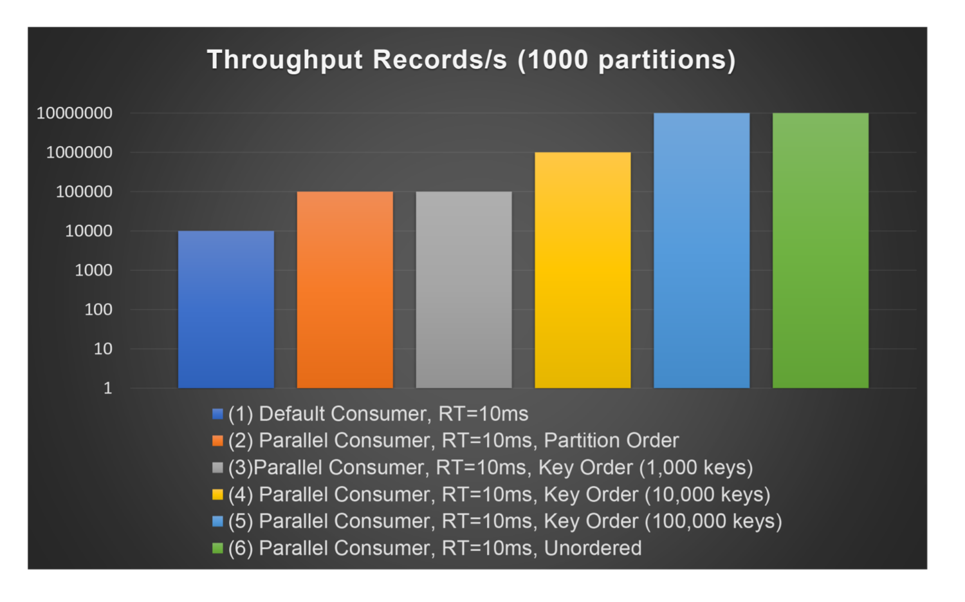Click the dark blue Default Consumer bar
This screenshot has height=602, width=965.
tap(226, 309)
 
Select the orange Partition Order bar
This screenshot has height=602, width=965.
tap(345, 290)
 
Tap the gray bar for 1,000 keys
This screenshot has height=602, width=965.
tap(464, 290)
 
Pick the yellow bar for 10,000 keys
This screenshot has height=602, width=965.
tap(583, 270)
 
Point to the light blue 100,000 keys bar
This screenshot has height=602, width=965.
tap(702, 251)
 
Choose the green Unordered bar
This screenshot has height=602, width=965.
tap(820, 251)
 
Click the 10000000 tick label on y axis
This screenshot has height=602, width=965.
tap(75, 113)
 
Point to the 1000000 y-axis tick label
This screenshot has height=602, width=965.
tap(79, 153)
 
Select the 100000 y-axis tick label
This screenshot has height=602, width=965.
tap(84, 192)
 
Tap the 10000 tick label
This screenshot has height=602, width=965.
tap(89, 231)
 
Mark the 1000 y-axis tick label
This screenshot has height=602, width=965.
tap(94, 270)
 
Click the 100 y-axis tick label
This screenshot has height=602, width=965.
tap(98, 310)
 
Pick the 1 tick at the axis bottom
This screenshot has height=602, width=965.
tap(108, 388)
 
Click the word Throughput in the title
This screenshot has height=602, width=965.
tap(285, 60)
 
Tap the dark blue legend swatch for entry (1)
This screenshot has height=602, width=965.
tap(217, 414)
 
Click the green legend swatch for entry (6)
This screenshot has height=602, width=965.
tap(217, 549)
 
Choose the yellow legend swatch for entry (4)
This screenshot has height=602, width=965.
tap(217, 494)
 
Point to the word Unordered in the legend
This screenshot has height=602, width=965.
tap(593, 549)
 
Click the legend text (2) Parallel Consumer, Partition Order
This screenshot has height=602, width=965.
tap(453, 441)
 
